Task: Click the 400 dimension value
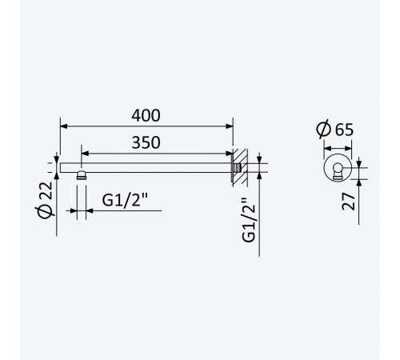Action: click(x=146, y=115)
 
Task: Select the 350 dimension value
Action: click(x=146, y=142)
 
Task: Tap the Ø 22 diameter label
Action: click(x=46, y=201)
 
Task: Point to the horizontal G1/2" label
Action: click(x=125, y=200)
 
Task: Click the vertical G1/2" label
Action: click(x=249, y=220)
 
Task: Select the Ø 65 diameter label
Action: click(x=335, y=129)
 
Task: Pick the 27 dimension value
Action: click(x=349, y=202)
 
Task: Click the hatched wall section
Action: click(x=240, y=167)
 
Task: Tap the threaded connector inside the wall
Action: click(x=238, y=168)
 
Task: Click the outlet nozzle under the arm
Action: click(x=81, y=175)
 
